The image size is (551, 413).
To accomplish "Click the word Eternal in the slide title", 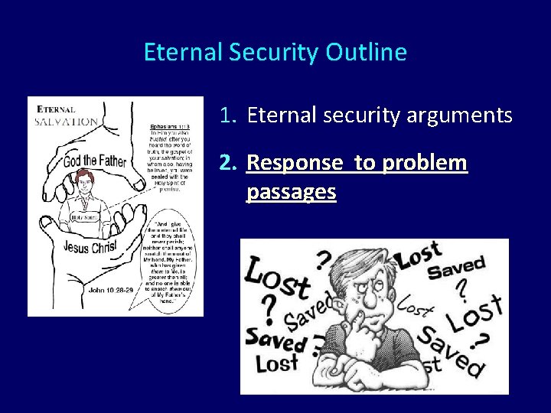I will click(179, 53).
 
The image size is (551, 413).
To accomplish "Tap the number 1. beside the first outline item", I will click(229, 115).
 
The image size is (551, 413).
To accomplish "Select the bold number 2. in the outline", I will click(229, 163).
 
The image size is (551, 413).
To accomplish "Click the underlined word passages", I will click(291, 191).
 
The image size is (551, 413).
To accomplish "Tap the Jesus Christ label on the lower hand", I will click(90, 249).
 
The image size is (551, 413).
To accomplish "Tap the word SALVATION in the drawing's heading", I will click(67, 121).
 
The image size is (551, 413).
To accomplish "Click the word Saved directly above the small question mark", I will click(456, 268).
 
